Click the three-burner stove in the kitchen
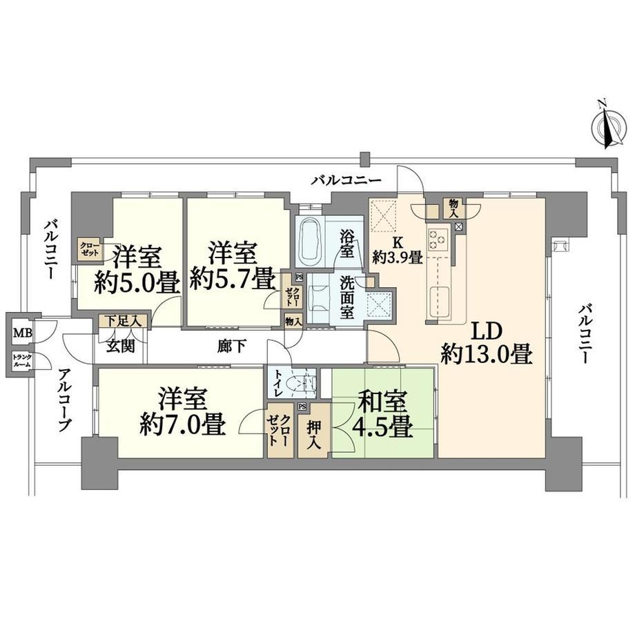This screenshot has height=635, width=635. (438, 240)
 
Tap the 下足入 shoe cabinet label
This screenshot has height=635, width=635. (124, 322)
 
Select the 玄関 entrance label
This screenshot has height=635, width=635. (121, 346)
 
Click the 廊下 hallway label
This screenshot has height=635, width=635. (231, 346)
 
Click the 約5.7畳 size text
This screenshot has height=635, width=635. (234, 280)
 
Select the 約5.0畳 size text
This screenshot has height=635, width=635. (137, 282)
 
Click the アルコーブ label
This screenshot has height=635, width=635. (65, 400)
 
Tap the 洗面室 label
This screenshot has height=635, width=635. (347, 297)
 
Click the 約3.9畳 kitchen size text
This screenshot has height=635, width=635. (398, 257)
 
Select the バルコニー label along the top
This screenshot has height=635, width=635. (346, 180)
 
